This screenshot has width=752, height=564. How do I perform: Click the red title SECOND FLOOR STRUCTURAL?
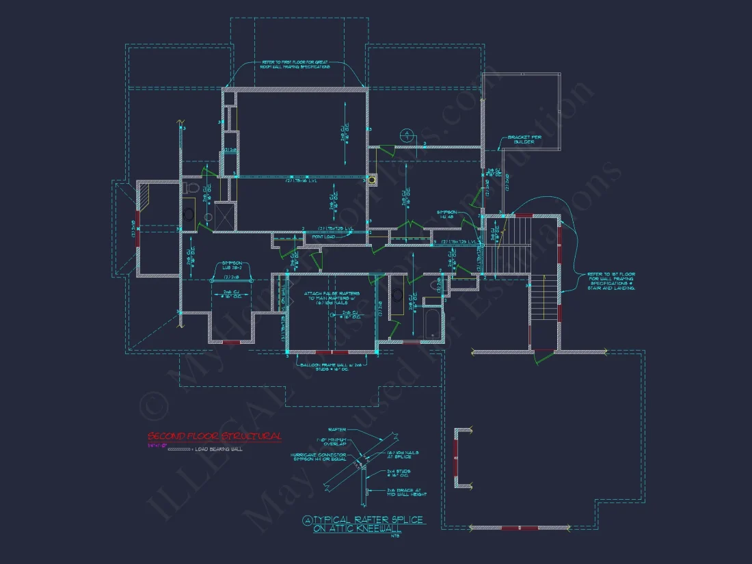(x=215, y=436)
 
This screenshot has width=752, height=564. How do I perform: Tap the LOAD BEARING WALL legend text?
(x=218, y=449)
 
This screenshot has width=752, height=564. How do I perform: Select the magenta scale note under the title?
(x=156, y=444)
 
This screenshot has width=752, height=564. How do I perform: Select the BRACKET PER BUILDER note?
(x=524, y=139)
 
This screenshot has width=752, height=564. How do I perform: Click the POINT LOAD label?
(x=322, y=237)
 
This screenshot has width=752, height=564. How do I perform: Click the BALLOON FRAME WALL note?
(x=332, y=368)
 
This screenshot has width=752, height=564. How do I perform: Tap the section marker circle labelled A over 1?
(x=406, y=135)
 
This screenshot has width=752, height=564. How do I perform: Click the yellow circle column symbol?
(x=373, y=180)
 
